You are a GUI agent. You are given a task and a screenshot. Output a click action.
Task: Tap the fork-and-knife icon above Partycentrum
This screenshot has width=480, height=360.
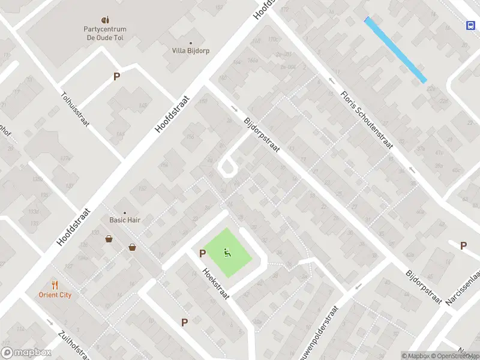point(105,19)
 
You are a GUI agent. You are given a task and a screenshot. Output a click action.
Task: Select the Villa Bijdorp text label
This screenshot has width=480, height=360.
point(190,51)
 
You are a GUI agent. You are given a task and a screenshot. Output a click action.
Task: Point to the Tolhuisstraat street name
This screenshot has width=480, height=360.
point(75,109)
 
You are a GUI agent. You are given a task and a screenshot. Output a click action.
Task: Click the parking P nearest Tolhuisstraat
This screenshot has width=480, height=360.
point(116,76)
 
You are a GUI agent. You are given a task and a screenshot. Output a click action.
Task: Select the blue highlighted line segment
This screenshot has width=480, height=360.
point(395,49)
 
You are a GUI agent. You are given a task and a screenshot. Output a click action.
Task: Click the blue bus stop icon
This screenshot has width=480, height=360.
point(470,25)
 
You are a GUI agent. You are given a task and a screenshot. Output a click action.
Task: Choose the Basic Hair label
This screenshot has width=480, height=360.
point(125,220)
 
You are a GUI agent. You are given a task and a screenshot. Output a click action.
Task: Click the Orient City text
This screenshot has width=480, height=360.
point(56,295)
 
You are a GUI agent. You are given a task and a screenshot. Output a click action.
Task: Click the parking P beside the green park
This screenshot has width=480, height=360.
point(202,253)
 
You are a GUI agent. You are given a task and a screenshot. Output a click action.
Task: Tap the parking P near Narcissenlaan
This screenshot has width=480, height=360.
point(463,245)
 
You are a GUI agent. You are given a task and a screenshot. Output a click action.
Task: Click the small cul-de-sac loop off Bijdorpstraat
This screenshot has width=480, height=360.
point(227,167)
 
